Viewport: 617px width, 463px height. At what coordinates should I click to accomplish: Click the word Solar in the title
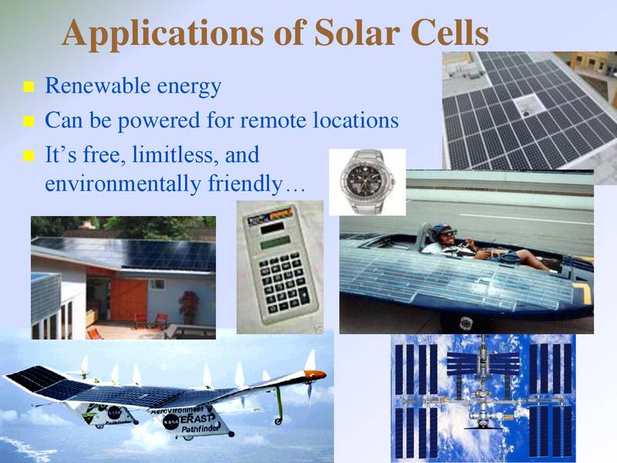[356, 32]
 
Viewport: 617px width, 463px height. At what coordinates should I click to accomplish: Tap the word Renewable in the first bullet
[98, 86]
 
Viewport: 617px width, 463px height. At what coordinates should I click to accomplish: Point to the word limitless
[175, 155]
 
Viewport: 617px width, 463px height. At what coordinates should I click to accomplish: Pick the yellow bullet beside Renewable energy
[29, 86]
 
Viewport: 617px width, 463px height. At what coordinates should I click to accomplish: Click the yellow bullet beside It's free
[29, 156]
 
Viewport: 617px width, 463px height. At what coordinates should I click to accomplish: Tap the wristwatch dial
[367, 182]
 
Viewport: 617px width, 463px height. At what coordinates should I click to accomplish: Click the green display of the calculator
[275, 242]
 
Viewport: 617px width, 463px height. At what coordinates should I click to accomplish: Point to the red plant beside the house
[188, 303]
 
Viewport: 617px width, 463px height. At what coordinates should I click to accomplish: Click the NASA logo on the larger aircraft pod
[170, 421]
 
